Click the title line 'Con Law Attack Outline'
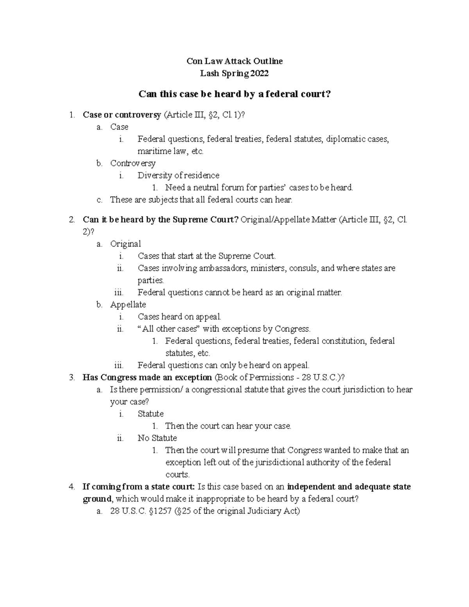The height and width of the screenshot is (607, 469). (x=234, y=61)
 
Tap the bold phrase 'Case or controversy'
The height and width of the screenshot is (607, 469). (x=122, y=115)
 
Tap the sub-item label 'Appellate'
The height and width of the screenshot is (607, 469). (x=128, y=304)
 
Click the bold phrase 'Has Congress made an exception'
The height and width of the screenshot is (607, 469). (x=147, y=377)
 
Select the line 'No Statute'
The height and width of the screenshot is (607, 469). (x=157, y=438)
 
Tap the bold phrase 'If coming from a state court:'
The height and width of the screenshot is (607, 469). (x=139, y=487)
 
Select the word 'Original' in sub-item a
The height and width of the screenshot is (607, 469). (x=125, y=244)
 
